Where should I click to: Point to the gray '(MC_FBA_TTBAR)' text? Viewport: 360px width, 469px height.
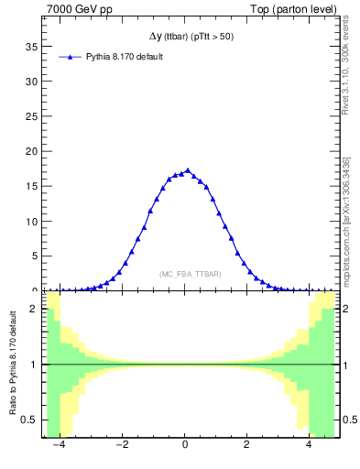click(x=190, y=274)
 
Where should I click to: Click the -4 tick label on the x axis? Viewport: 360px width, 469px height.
click(x=59, y=446)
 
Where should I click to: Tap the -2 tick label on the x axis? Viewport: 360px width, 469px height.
click(x=122, y=446)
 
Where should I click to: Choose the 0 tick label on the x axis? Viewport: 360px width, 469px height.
click(x=185, y=446)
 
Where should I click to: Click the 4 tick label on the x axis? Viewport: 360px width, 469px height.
click(x=309, y=446)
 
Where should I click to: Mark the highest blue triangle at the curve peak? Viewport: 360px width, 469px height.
click(x=188, y=170)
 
